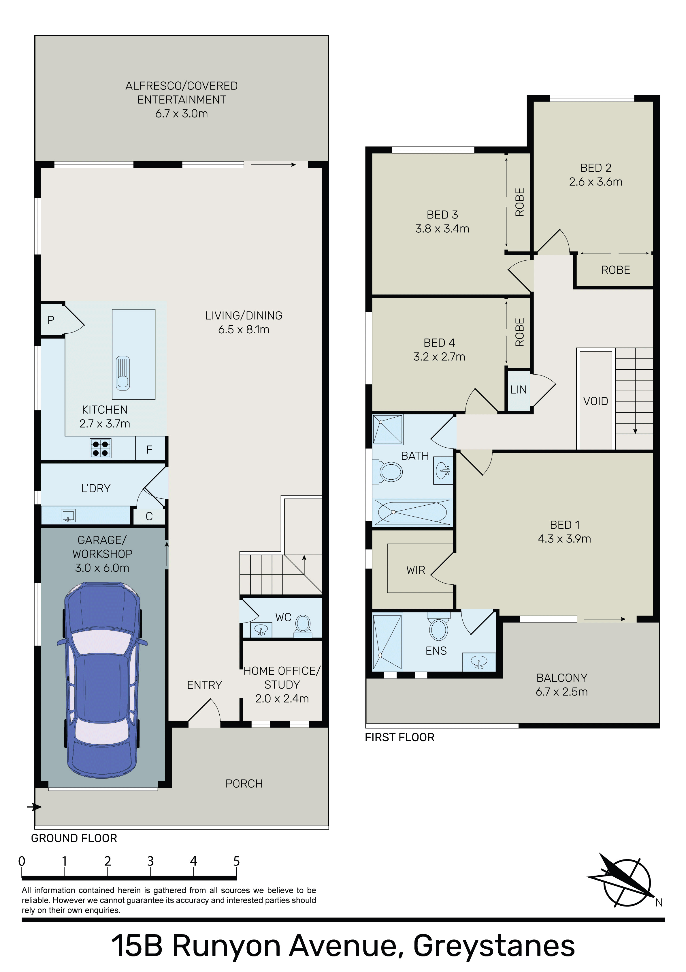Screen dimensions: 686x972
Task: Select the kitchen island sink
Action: (123, 373)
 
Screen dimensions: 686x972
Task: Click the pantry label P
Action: (51, 320)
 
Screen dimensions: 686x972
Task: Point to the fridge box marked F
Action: (150, 449)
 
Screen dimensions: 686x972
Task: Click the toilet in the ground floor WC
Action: (303, 626)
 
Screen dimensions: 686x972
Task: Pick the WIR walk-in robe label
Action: (416, 570)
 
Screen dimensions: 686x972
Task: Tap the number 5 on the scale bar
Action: (236, 861)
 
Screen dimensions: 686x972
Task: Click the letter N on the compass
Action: (659, 903)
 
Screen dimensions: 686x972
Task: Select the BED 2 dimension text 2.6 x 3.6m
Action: (595, 182)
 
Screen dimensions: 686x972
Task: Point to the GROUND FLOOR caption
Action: (74, 838)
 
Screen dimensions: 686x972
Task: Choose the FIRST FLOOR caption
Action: (400, 737)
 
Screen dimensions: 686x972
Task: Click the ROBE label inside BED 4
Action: (520, 332)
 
